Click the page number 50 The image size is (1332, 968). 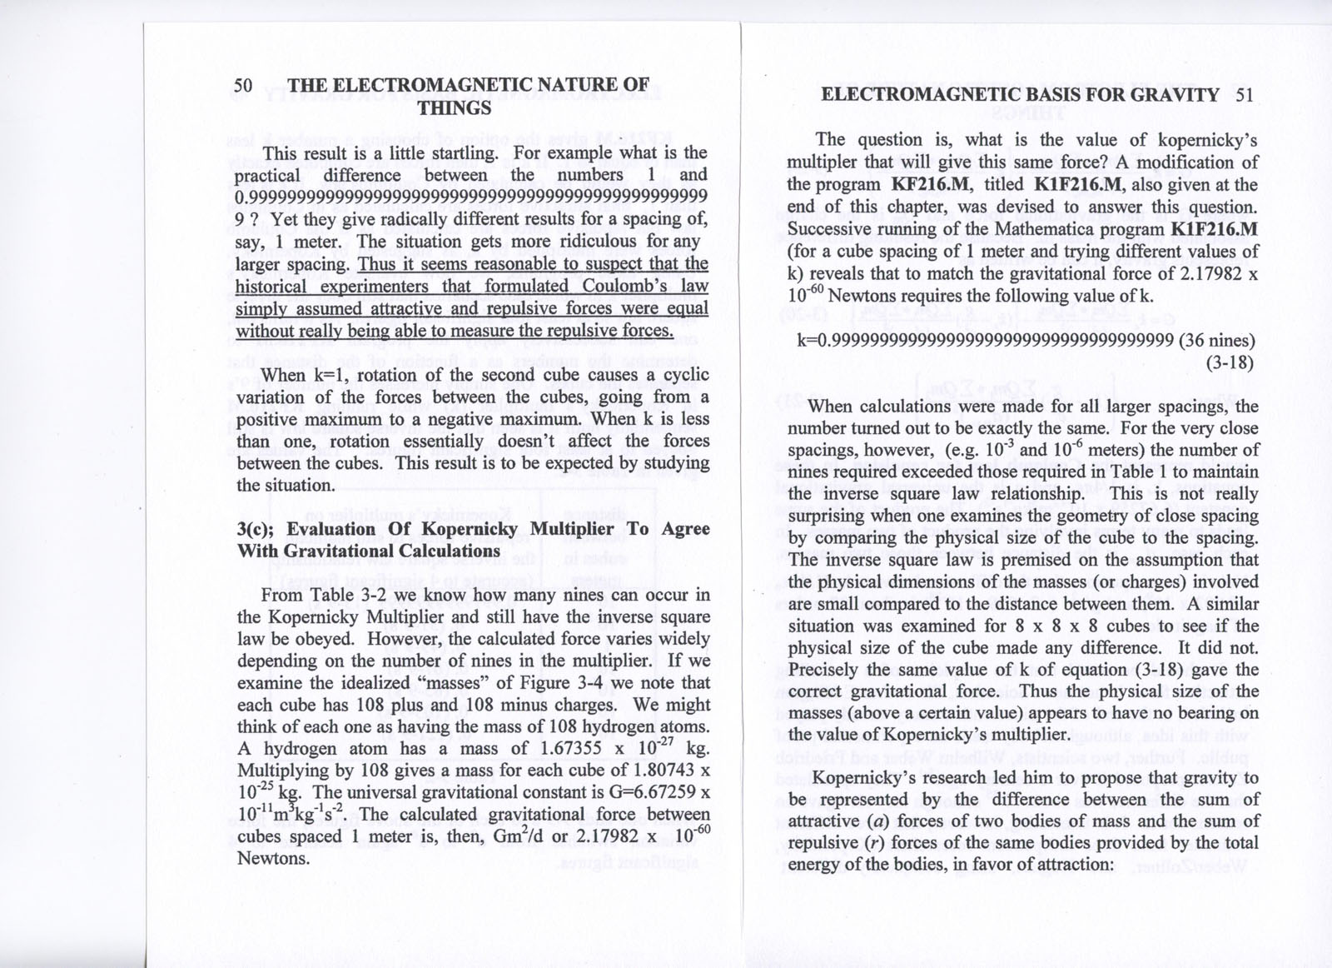point(243,85)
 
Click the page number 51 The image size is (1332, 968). point(1245,94)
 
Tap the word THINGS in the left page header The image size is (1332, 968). point(455,108)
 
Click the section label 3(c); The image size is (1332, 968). point(256,529)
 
